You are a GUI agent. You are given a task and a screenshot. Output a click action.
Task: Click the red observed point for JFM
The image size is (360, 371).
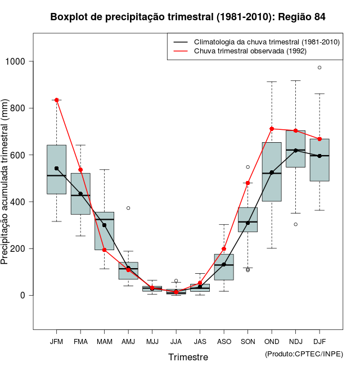coord(56,100)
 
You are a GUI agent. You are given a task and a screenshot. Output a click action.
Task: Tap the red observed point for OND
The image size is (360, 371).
coord(272,129)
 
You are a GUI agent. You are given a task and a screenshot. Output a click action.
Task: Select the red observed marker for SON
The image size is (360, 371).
coord(247,183)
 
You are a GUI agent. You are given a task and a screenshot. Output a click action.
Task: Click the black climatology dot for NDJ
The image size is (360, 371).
coord(295,150)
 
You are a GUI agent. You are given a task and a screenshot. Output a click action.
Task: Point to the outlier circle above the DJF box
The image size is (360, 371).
coord(319,67)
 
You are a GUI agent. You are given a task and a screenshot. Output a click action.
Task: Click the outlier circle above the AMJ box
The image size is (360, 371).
coord(128,208)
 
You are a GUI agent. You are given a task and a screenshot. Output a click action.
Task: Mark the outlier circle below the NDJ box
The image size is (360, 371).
coord(295,224)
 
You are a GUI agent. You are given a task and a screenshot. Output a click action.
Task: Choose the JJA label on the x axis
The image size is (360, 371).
coord(176,341)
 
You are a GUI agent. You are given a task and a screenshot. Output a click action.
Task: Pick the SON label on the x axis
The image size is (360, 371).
coord(247,341)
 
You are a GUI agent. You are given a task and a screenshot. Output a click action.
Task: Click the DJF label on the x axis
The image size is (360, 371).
coord(319,341)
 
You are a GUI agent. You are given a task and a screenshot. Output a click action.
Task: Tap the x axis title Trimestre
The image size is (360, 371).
coord(188,357)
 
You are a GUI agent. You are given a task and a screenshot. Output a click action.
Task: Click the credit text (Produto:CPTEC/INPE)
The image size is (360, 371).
coord(304,354)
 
